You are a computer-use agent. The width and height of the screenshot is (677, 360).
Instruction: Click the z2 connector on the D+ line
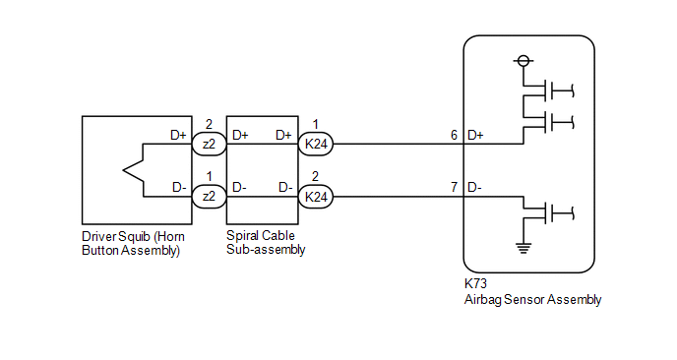tap(209, 144)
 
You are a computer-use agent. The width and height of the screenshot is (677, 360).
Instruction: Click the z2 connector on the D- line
tap(209, 197)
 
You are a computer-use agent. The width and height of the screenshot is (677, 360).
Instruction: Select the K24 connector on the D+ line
tap(316, 144)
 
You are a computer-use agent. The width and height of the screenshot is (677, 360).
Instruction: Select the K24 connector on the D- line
tap(316, 197)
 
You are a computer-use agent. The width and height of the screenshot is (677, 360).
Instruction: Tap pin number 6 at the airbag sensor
tap(454, 135)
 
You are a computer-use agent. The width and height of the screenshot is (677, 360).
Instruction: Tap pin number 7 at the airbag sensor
tap(454, 187)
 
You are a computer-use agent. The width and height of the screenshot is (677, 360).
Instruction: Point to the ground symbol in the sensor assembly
tap(523, 248)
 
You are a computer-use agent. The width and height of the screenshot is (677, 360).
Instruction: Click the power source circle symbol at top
tap(523, 61)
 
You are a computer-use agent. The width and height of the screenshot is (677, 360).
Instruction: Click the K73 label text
tap(475, 283)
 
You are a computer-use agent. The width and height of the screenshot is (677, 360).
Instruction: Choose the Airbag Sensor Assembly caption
tap(532, 300)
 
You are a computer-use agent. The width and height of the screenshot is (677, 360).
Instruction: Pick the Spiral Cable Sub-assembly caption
tap(266, 243)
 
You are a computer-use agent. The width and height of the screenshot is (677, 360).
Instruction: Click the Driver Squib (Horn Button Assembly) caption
tap(134, 244)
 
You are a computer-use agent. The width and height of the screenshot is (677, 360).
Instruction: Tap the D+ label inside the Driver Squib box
tap(178, 135)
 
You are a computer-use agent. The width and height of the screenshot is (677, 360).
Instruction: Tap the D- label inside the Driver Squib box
tap(179, 187)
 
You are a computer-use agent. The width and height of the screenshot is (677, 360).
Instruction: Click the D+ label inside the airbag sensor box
tap(475, 135)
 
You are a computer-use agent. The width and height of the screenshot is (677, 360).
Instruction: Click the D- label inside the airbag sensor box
tap(474, 187)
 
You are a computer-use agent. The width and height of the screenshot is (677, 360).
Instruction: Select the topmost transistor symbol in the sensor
tap(548, 90)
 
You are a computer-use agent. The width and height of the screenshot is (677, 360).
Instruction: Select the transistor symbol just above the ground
tap(548, 212)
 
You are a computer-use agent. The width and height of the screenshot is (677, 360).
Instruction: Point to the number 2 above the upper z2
tap(209, 124)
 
